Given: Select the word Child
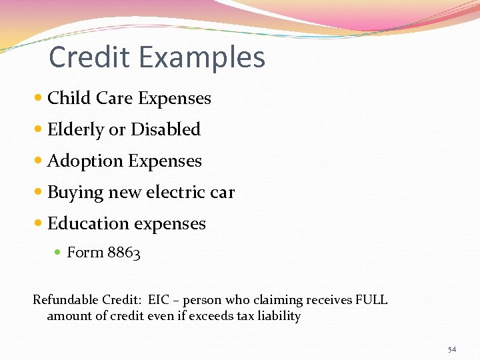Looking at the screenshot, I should coord(69,98).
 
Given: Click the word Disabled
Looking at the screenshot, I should coord(165,129).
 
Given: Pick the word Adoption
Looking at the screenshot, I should coord(85,161).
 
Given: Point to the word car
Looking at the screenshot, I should coord(222,193).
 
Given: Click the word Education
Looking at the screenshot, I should coord(85,224).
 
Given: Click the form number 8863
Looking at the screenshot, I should coord(123,253).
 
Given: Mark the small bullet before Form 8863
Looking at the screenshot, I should coord(59,253).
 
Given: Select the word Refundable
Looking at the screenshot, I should coord(66,300).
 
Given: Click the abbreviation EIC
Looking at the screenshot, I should coord(160,300).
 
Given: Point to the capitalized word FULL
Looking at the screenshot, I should coord(371,300).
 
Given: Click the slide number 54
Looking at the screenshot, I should coord(452,349).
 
